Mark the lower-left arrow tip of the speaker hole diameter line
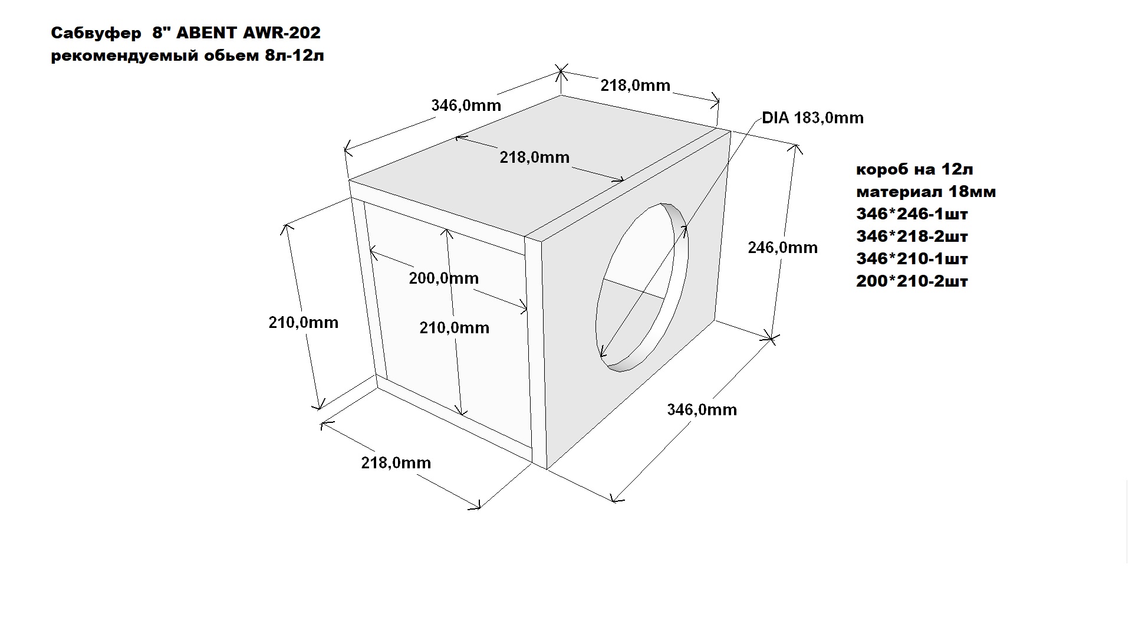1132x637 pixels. tap(600, 357)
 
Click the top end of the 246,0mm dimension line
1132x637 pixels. tap(798, 145)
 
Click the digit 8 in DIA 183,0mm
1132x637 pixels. tap(805, 118)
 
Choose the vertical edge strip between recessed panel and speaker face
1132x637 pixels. tap(535, 351)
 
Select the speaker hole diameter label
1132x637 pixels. tap(812, 118)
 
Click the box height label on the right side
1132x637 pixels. tap(782, 248)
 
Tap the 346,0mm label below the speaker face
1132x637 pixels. tap(702, 409)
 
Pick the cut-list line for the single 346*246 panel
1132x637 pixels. tap(912, 214)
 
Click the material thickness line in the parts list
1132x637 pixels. tap(926, 192)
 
